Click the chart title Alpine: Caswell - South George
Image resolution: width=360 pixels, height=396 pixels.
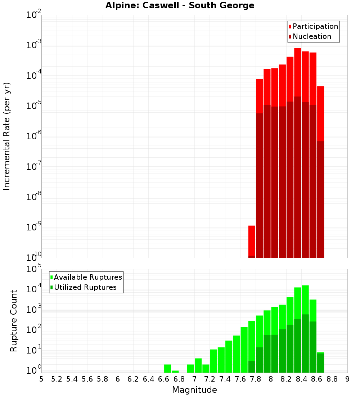(180, 5)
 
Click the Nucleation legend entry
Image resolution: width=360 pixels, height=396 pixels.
(311, 36)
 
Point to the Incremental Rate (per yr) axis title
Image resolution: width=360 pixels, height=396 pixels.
(7, 136)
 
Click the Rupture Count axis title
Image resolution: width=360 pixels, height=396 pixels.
(14, 320)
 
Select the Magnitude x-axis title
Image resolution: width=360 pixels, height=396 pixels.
(194, 390)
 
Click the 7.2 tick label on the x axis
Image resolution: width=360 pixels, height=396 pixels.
(210, 379)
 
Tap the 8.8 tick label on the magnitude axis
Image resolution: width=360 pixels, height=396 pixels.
(332, 379)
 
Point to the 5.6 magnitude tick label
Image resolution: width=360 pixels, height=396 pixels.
(87, 379)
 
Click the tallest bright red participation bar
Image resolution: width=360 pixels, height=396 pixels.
(298, 72)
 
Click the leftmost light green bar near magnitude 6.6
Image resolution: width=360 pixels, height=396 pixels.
(167, 369)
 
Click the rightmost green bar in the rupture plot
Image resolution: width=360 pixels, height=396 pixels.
(320, 363)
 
